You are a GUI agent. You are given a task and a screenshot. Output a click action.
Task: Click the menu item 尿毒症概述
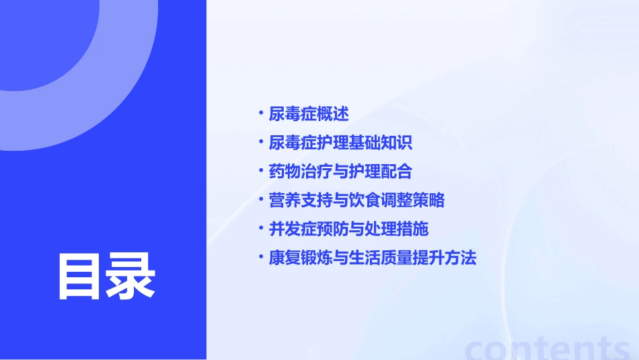309,114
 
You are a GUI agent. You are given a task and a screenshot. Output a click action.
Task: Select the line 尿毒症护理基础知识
340,143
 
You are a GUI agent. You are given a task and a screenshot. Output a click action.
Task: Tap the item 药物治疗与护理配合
340,172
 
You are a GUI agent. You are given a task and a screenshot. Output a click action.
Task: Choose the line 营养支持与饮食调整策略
356,201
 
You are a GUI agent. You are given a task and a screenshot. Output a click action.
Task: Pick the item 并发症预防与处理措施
348,229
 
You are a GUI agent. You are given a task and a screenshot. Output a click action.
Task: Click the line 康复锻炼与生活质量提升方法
373,258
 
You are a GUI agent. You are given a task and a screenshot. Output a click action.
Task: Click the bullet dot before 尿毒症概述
261,112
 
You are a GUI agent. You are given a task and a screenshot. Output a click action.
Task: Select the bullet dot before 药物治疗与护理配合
261,170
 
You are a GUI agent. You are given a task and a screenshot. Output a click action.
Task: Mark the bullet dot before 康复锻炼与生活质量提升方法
261,257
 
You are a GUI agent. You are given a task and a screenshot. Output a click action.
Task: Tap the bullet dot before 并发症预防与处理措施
261,228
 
